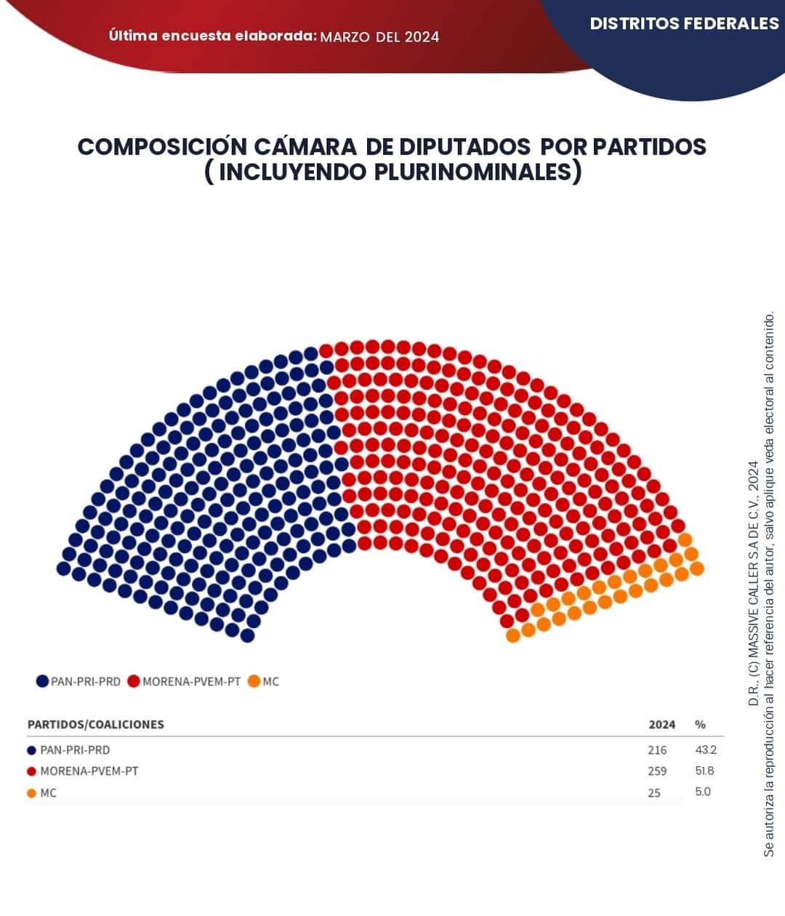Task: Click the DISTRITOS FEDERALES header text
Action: coord(683,23)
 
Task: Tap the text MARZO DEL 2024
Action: coord(379,36)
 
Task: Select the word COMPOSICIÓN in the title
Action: coord(162,146)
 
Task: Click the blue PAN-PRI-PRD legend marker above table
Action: coord(43,681)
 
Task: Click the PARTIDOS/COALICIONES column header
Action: coord(95,724)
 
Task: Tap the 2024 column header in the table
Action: coord(661,724)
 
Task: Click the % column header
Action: coord(700,724)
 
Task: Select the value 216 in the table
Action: coord(656,750)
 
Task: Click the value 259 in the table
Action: coord(656,771)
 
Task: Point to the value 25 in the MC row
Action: coord(654,792)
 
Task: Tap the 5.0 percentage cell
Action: coord(703,792)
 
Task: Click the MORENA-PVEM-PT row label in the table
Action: coord(89,771)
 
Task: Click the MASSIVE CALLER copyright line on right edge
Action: coord(754,582)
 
